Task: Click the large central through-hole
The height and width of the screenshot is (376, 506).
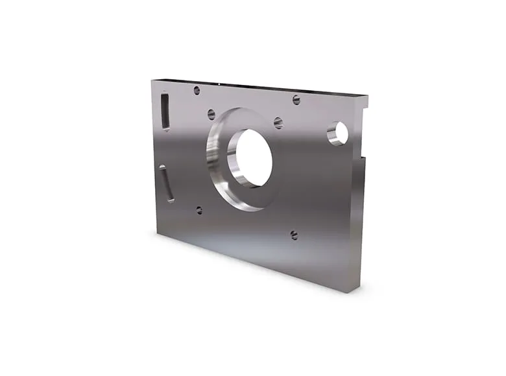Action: [254, 158]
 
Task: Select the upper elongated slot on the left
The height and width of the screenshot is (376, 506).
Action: [165, 110]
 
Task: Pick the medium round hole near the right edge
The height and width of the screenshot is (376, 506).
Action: [338, 133]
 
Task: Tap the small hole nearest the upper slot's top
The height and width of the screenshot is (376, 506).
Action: [197, 90]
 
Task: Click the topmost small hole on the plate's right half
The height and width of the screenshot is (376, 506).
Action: [296, 99]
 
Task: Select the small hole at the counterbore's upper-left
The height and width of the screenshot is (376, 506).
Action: [211, 114]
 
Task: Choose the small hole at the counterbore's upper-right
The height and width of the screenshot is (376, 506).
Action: [278, 123]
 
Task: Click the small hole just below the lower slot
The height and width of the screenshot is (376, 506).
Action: [199, 210]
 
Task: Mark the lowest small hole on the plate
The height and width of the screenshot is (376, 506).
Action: [294, 235]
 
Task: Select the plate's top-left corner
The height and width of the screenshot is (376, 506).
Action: [152, 80]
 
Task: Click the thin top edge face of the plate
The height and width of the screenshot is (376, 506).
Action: [259, 86]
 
